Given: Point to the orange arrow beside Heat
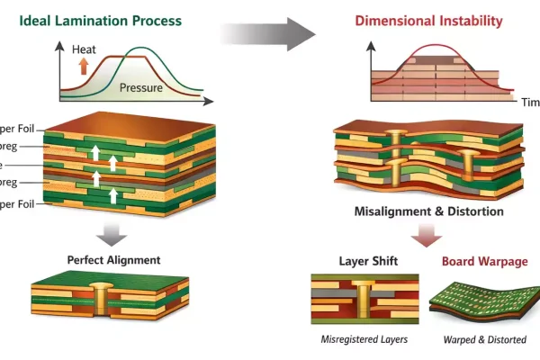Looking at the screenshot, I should pyautogui.click(x=85, y=66).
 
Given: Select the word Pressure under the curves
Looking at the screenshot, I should pyautogui.click(x=141, y=88).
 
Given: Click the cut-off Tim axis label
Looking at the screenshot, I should pyautogui.click(x=530, y=103).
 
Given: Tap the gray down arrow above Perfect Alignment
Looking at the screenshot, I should pyautogui.click(x=112, y=234).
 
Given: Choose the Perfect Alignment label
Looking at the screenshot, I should pyautogui.click(x=113, y=260).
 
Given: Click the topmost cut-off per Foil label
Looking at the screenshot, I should pyautogui.click(x=17, y=129).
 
